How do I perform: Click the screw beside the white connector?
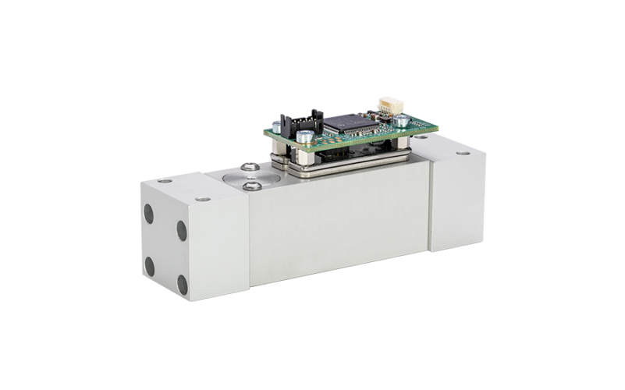[x=400, y=120]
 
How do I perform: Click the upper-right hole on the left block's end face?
[x=181, y=229]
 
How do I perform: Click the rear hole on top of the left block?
[x=166, y=182]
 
